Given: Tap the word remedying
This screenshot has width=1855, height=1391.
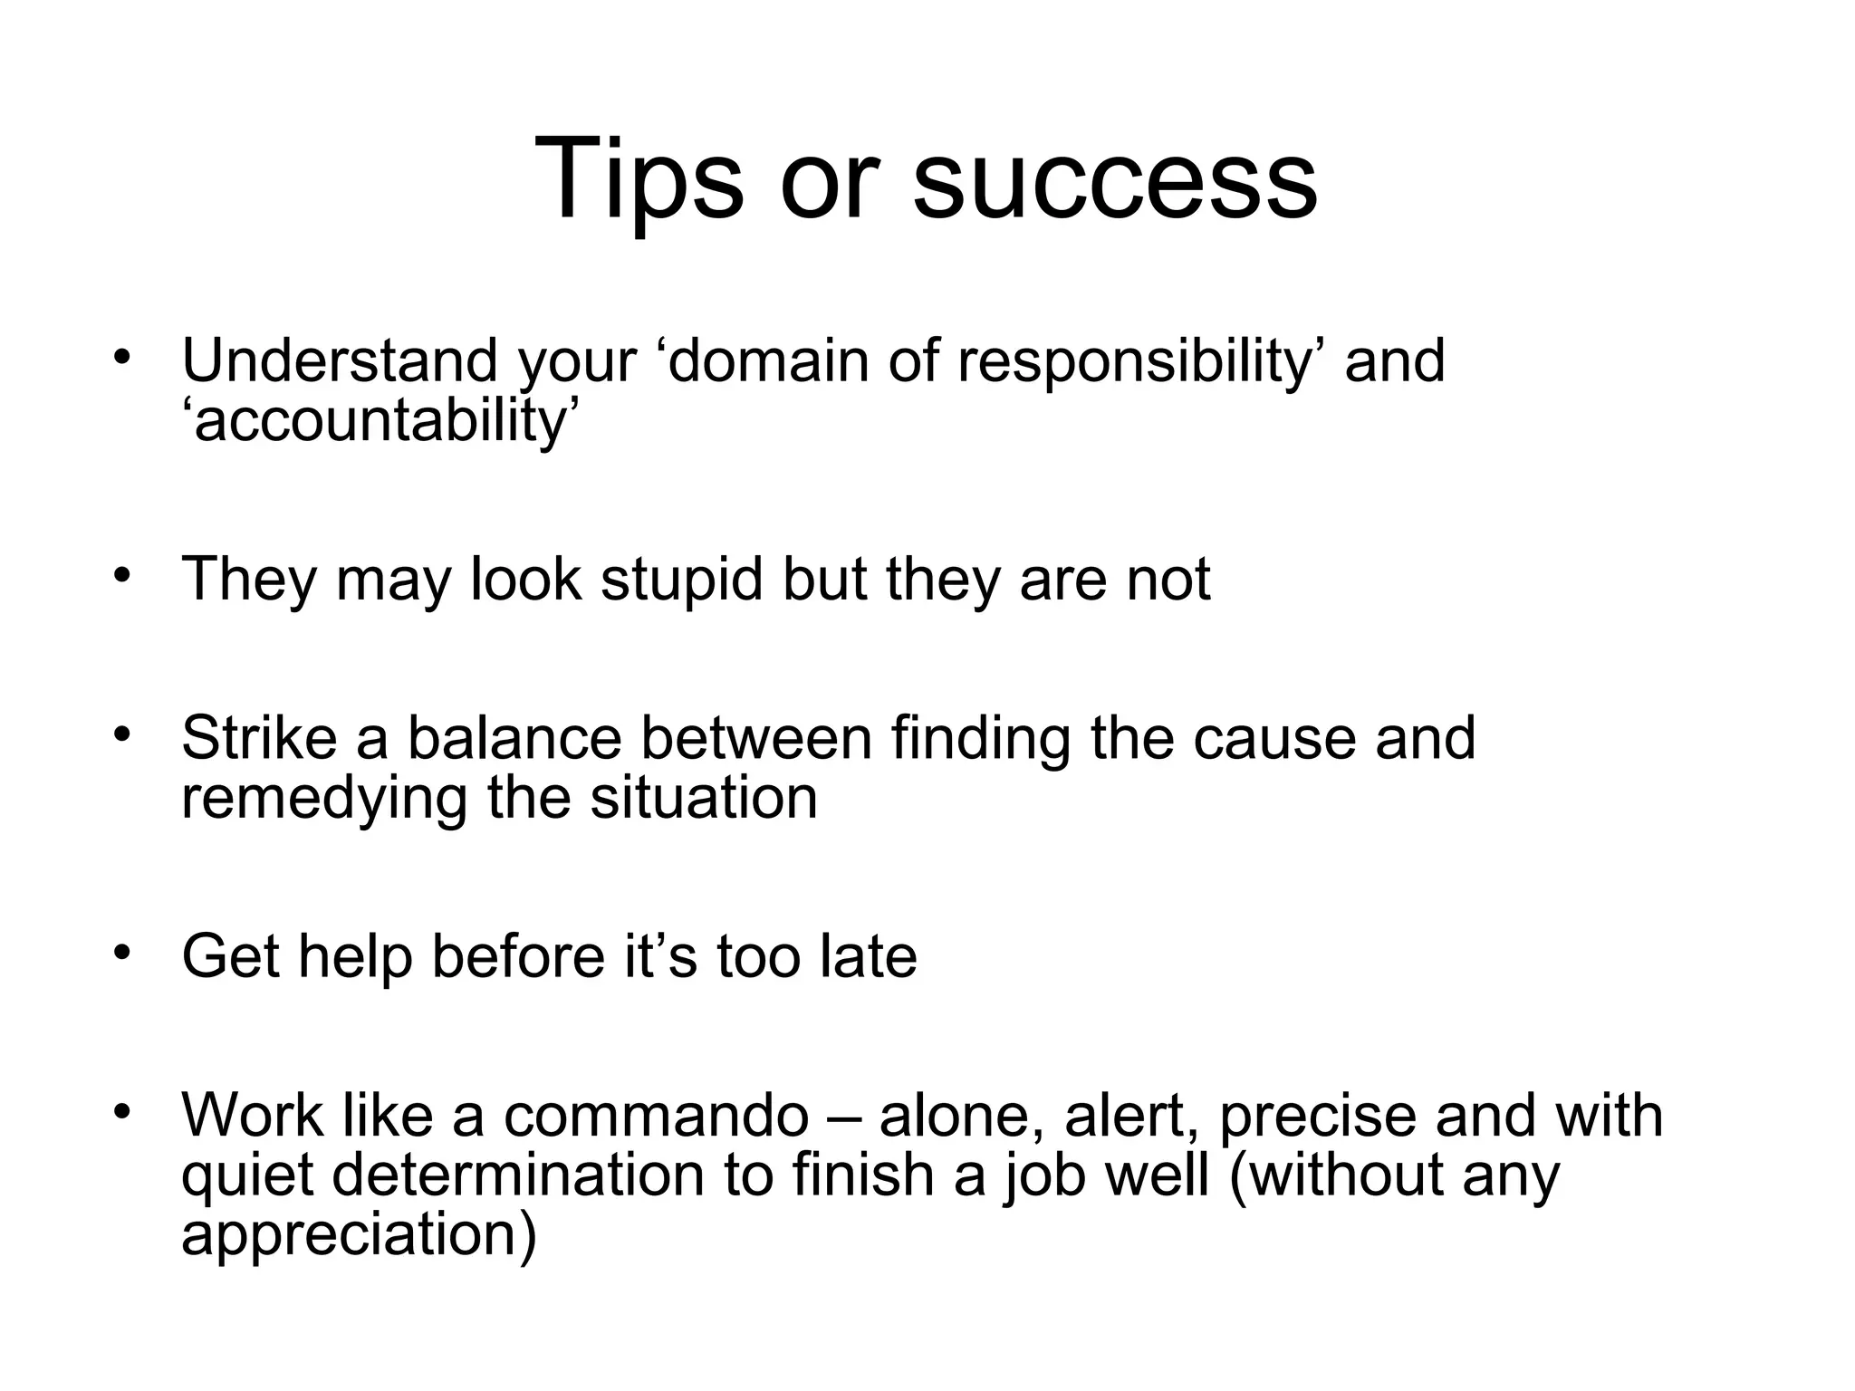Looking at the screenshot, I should [323, 799].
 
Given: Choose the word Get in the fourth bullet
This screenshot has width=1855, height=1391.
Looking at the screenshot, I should [230, 956].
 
